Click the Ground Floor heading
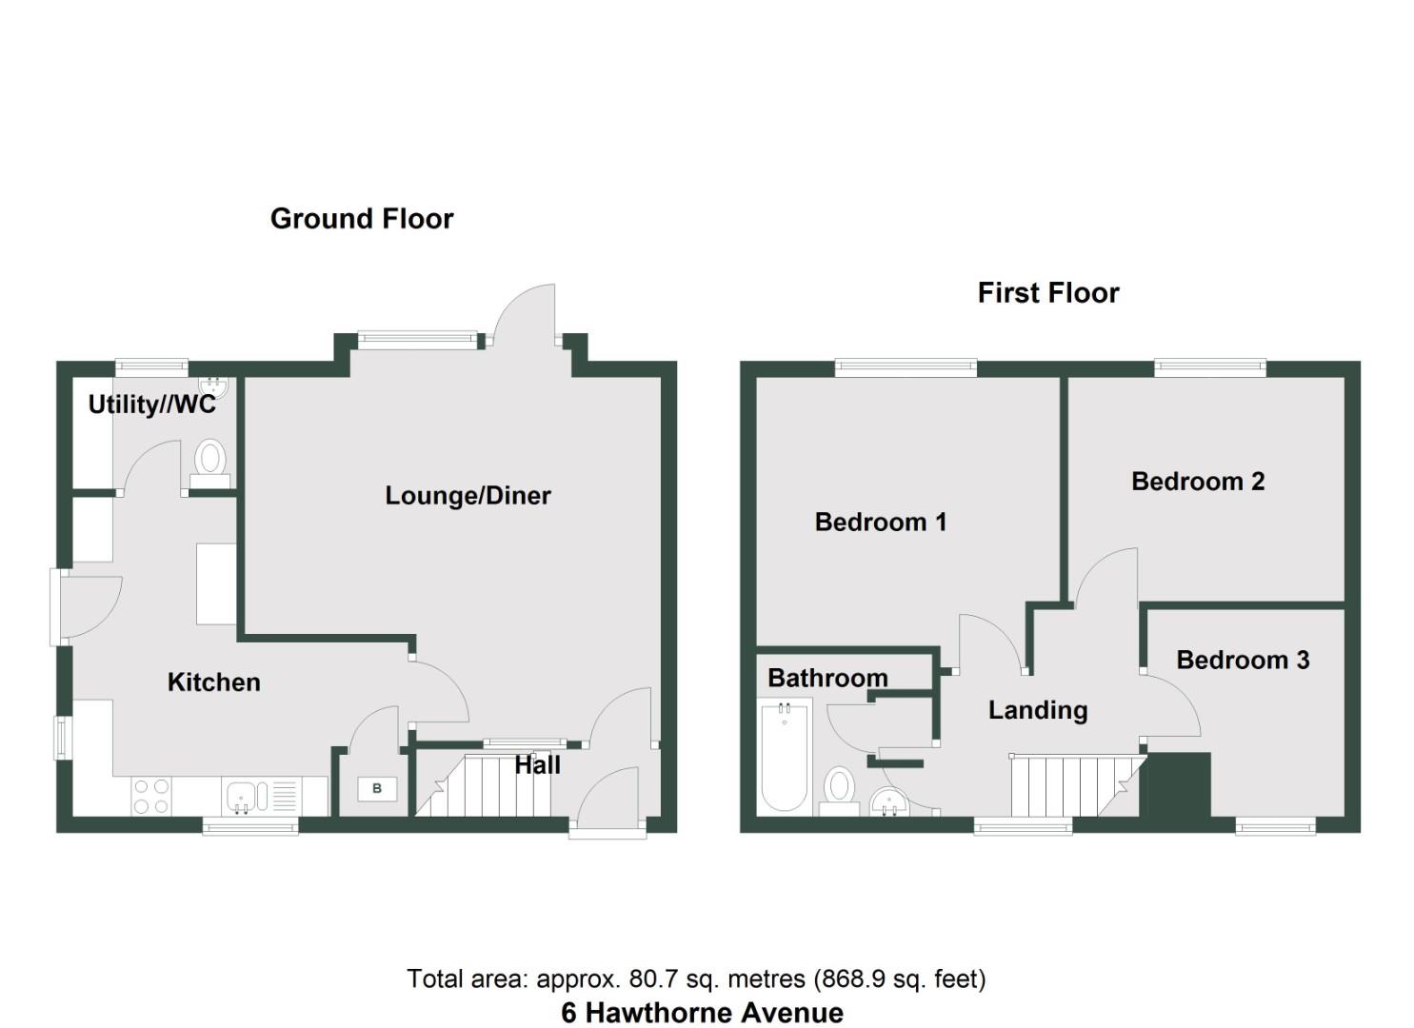coord(362,218)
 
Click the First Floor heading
coord(1047,292)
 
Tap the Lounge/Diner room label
coord(468,495)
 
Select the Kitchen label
coord(213,682)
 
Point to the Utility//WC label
coord(151,405)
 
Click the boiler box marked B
coord(377,788)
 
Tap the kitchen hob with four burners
coord(150,797)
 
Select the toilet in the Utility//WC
coord(209,459)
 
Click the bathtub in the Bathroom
coord(785,756)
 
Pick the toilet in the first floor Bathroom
coord(839,789)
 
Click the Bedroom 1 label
coord(881,522)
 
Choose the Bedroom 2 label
coord(1198,482)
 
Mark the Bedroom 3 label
coord(1243,660)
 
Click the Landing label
coord(1038,710)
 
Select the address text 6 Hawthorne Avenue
coord(702,1013)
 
